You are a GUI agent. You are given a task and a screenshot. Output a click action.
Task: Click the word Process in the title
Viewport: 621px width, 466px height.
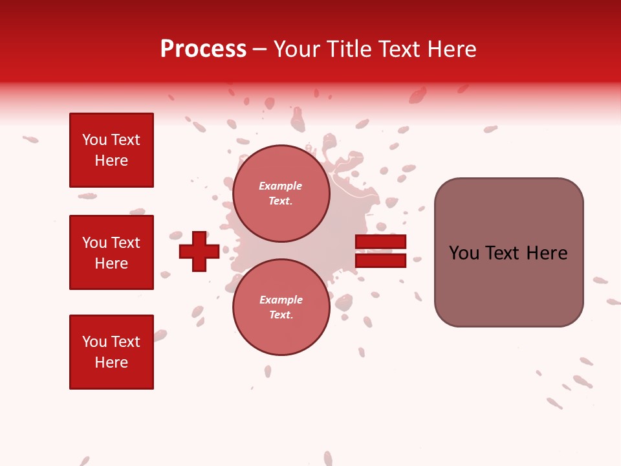point(203,49)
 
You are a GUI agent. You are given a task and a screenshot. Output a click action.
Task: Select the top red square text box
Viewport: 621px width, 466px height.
point(111,150)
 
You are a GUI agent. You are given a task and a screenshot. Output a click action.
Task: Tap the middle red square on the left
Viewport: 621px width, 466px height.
point(111,252)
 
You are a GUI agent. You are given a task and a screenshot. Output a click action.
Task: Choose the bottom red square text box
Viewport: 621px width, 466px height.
point(111,352)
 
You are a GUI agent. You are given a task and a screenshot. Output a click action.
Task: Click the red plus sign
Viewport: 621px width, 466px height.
point(199,251)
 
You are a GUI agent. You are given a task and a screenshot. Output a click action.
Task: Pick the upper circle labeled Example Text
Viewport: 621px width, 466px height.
point(281,193)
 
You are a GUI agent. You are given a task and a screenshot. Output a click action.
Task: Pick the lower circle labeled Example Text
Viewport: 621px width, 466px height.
point(281,307)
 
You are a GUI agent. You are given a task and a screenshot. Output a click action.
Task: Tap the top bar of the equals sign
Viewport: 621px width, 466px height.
point(380,242)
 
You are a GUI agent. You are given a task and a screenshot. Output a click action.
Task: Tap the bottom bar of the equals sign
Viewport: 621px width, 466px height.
point(380,261)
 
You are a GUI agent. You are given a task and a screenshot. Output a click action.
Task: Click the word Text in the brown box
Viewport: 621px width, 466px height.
point(503,253)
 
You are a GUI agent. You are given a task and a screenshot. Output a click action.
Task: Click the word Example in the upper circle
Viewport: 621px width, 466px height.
point(280,186)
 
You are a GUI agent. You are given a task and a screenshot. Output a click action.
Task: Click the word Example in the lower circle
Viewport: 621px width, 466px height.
point(281,300)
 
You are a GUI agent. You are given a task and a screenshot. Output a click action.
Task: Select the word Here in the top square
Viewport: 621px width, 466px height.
point(111,161)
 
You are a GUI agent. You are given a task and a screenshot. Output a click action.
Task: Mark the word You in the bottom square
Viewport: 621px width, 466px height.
point(94,342)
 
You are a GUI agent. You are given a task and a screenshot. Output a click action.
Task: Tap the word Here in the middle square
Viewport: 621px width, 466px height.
point(111,263)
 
